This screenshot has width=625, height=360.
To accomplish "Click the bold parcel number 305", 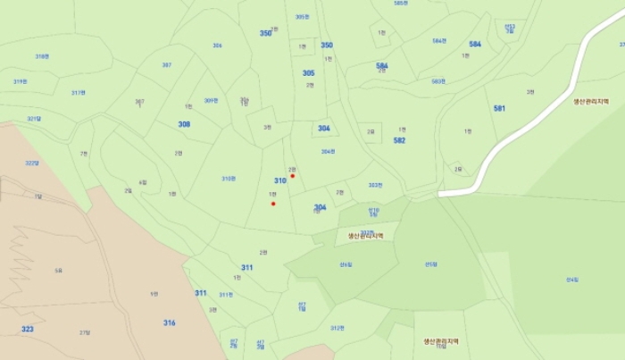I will [x=308, y=73].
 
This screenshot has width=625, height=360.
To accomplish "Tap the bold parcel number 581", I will [x=499, y=108].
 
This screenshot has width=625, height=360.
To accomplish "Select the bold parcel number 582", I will [x=399, y=140].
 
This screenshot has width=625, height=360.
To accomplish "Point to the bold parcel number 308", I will [x=184, y=124].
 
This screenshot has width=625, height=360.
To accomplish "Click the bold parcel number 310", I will [x=279, y=180].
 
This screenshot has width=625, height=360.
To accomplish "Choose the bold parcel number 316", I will [x=170, y=322].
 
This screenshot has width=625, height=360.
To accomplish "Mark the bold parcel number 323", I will [x=28, y=330].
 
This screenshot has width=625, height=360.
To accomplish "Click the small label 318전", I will [x=42, y=56].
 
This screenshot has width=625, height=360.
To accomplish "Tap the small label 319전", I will [x=20, y=81].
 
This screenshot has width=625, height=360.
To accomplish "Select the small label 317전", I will [x=79, y=92].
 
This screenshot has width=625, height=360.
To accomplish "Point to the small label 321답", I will [x=34, y=118].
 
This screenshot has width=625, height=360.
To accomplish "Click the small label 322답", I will [x=32, y=163].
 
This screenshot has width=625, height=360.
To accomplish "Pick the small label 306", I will [x=217, y=46].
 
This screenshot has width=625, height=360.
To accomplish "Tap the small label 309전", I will [x=211, y=100].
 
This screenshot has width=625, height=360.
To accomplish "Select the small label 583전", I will [x=437, y=81].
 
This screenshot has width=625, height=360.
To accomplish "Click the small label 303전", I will [x=375, y=185].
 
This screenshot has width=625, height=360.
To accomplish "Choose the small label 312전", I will [x=337, y=328].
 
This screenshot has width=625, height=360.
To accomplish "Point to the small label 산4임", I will [x=572, y=280].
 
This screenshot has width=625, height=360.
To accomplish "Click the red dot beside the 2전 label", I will [x=292, y=176].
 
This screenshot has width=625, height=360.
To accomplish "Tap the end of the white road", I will [x=440, y=193].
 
